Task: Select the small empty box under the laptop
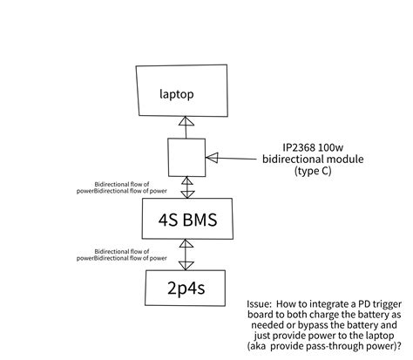click(x=186, y=158)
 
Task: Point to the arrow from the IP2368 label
click(x=232, y=159)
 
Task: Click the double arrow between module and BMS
click(x=185, y=187)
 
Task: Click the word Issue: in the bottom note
click(x=263, y=305)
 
